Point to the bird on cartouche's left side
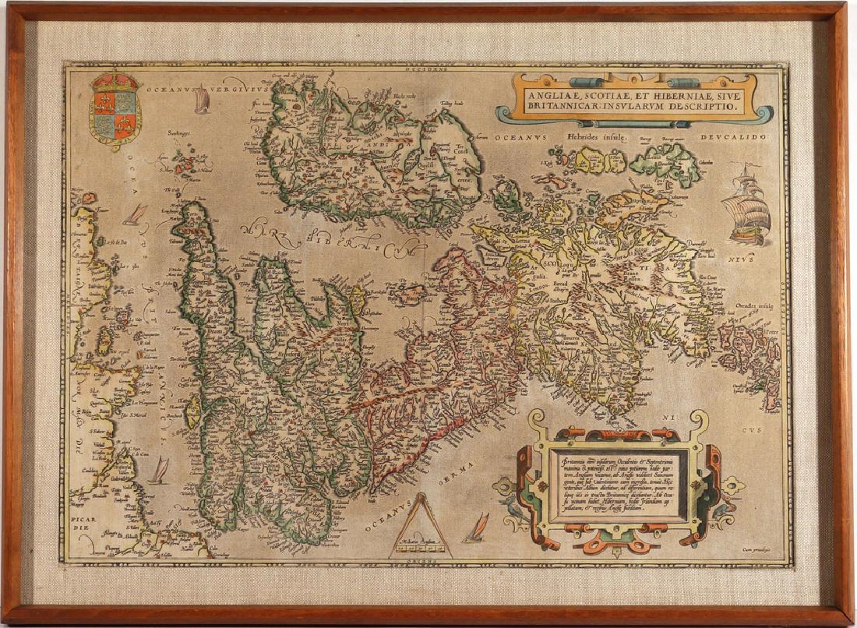pos(511,510)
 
